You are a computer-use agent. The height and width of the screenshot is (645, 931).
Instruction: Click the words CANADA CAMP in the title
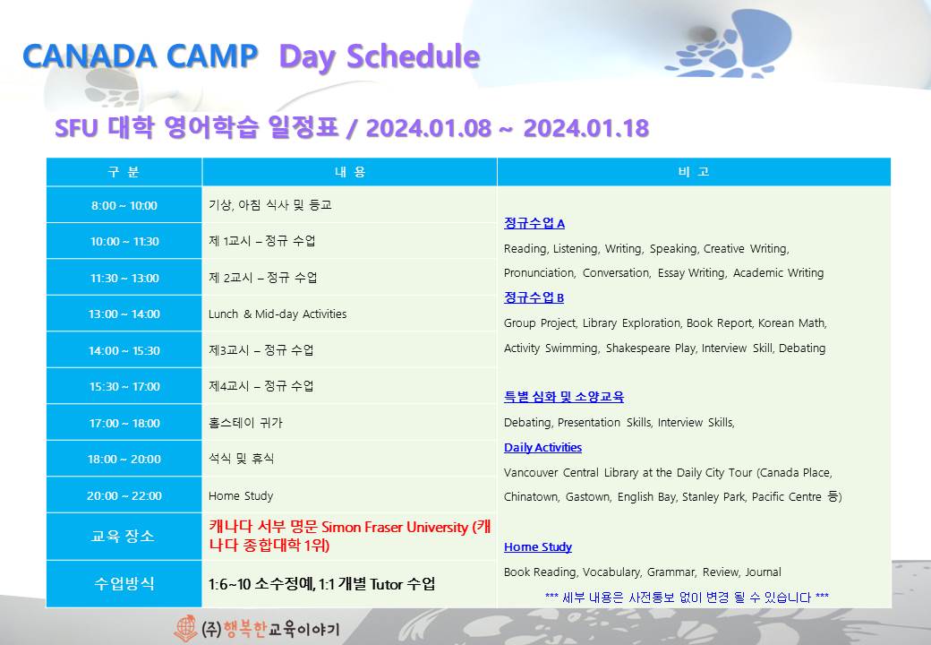coord(141,56)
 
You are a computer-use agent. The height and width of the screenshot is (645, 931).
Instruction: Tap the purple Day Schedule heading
coord(380,57)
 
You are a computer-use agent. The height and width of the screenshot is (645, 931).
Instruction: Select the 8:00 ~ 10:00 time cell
coord(124,205)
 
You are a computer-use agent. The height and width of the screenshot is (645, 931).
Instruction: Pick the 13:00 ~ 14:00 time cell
coord(124,314)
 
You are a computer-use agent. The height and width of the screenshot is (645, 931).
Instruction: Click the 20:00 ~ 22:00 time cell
coord(124,495)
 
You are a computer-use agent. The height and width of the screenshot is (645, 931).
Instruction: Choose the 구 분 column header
coord(124,172)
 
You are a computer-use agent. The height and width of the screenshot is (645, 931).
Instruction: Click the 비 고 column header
coord(694,172)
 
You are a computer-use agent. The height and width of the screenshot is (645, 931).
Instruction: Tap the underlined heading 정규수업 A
coord(534,223)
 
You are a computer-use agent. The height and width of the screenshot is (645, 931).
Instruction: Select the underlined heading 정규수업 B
coord(534,297)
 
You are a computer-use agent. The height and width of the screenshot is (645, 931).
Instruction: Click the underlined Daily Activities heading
coord(542,447)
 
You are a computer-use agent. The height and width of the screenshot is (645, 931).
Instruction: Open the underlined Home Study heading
coord(538,546)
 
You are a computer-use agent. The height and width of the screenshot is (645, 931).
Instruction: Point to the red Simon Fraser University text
coord(395,527)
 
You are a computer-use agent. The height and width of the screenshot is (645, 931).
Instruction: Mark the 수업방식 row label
coord(124,584)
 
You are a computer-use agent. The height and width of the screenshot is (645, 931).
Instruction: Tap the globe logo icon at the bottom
coord(185,628)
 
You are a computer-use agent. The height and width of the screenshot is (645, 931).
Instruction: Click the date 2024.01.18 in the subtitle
coord(586,128)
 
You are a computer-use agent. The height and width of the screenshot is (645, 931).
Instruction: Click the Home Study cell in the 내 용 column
coord(241,495)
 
